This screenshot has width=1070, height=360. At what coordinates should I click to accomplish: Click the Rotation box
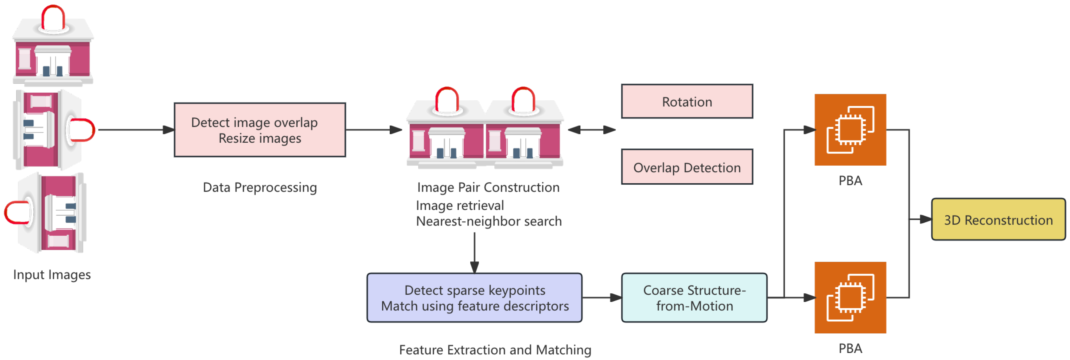[x=687, y=102]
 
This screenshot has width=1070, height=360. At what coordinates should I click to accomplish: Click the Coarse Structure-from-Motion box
[x=694, y=298]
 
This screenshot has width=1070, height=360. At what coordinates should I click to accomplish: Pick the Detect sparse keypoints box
[x=474, y=298]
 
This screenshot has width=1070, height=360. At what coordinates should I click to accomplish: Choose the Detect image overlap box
[x=260, y=130]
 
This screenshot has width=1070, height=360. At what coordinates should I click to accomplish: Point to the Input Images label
[x=52, y=274]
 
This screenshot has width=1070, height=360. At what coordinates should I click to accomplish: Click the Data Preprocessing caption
[x=260, y=187]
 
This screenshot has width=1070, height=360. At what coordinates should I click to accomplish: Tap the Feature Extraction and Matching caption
[x=495, y=350]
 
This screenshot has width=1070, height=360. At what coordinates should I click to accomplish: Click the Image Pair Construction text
[x=488, y=187]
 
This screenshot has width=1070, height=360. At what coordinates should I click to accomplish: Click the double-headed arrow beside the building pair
[x=591, y=130]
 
